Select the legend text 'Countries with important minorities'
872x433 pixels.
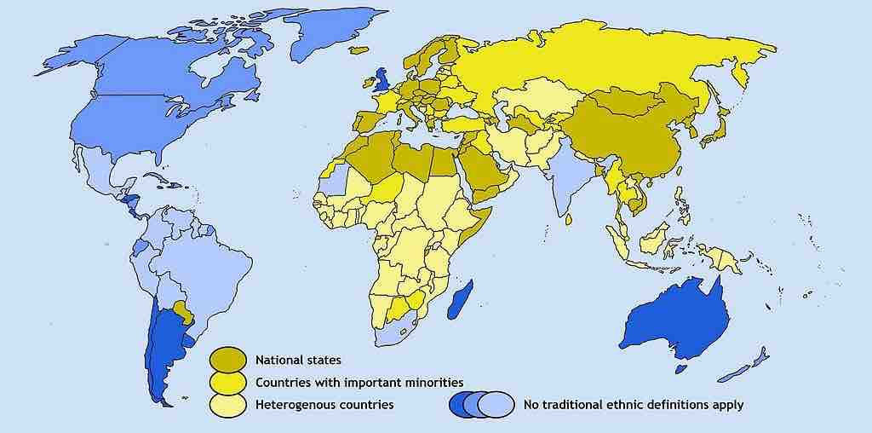click(x=359, y=382)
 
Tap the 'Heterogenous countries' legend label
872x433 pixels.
click(x=324, y=404)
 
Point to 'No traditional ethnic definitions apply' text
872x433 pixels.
click(x=633, y=404)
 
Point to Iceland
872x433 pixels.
click(x=359, y=49)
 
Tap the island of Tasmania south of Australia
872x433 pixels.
click(x=681, y=369)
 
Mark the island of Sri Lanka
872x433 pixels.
click(x=568, y=218)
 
